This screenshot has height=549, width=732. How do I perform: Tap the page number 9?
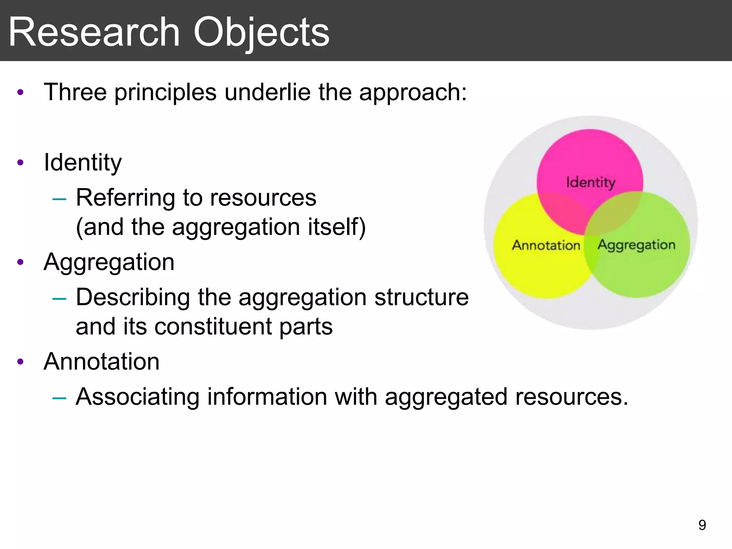[x=702, y=525]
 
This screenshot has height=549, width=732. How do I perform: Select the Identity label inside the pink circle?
[x=590, y=182]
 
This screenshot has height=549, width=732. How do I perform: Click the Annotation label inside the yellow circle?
[x=546, y=245]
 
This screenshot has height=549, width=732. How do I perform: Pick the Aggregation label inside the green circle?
[x=637, y=245]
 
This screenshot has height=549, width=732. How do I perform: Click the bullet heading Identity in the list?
[x=83, y=163]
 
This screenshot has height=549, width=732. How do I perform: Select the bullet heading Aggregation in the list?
[x=109, y=262]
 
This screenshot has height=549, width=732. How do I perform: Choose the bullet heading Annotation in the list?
[x=102, y=361]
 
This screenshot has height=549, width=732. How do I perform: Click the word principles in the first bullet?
[x=165, y=93]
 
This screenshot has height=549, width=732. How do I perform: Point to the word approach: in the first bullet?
[x=413, y=93]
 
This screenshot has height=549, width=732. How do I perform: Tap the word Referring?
[x=125, y=197]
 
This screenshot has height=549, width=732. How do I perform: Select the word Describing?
[x=133, y=297]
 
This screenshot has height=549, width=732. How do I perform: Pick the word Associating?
[x=137, y=396]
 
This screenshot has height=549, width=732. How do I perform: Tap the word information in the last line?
[x=267, y=396]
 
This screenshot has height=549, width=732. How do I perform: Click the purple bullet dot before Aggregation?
[x=20, y=262]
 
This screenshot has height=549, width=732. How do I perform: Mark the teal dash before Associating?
[x=59, y=397]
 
